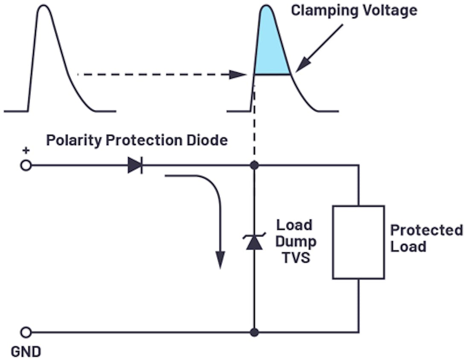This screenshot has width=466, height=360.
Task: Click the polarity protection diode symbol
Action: [x=135, y=165]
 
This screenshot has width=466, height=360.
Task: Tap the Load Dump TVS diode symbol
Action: [x=254, y=241]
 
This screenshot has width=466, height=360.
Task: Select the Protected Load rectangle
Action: [x=358, y=242]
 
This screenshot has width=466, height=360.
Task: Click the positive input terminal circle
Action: [x=26, y=165]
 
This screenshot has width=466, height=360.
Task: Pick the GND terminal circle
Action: [x=26, y=332]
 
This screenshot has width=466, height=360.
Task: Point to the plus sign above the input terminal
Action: [x=26, y=150]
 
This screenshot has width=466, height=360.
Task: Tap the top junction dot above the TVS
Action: [x=254, y=165]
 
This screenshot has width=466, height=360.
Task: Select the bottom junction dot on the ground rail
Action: [x=254, y=332]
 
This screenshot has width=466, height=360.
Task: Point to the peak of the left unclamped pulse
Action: [x=44, y=7]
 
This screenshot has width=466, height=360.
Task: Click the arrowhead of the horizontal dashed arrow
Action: [x=238, y=75]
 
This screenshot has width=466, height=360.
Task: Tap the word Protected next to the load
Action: [x=426, y=230]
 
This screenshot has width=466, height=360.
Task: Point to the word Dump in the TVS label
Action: [x=295, y=241]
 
